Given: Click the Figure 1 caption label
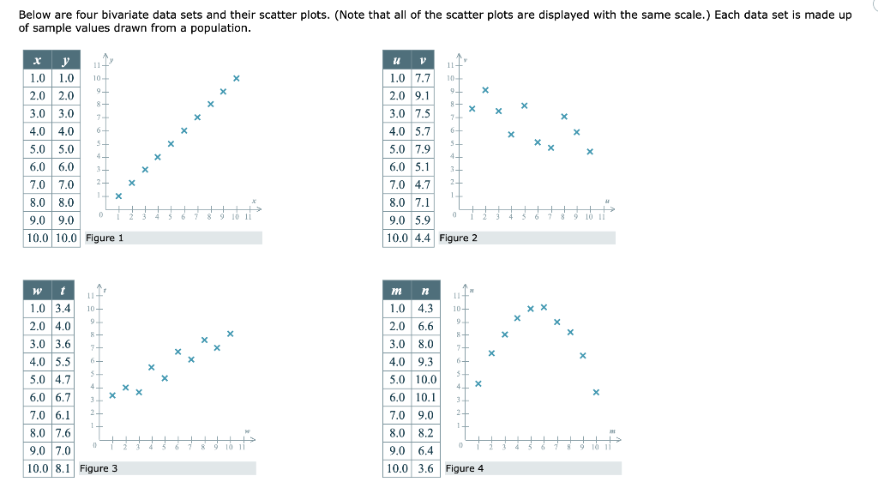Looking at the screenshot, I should (105, 238).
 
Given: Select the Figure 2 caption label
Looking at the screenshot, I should (458, 238).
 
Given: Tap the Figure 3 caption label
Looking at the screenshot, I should (99, 468).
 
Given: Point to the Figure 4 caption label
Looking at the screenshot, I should (464, 468).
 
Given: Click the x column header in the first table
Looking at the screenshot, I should (37, 60).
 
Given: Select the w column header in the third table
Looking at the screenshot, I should (37, 291).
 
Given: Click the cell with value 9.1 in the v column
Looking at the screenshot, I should (422, 96).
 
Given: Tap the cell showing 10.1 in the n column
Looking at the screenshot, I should (425, 397).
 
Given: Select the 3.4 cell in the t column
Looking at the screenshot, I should (63, 308).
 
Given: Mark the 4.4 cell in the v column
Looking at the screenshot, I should (422, 238).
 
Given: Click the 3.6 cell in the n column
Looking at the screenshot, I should (425, 468).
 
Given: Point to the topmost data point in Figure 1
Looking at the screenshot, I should (237, 78).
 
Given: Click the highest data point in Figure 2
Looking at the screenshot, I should (485, 89).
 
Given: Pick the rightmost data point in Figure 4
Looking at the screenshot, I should (596, 392).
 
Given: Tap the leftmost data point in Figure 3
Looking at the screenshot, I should (112, 395).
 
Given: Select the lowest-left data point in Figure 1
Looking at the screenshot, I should (118, 196).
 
